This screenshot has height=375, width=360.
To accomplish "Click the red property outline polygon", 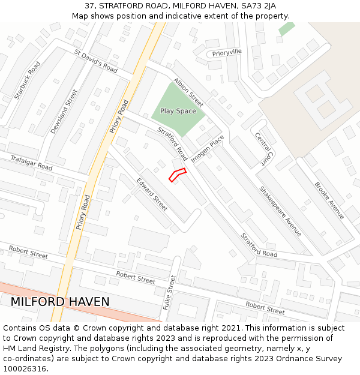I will (177, 175).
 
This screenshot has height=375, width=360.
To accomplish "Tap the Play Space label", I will (178, 111).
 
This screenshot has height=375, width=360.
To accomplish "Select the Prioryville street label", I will (227, 52).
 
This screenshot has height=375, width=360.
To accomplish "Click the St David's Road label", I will (95, 61).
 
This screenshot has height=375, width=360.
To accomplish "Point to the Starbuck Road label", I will (28, 80).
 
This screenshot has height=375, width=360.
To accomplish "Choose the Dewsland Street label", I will (64, 111).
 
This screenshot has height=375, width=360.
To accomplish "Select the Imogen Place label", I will (208, 149).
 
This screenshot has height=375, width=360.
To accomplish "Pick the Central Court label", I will (262, 149).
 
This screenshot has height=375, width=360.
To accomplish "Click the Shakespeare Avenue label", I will (280, 211).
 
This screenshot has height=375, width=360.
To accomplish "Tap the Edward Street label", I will (151, 194).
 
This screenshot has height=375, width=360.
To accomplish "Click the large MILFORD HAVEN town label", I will (60, 302).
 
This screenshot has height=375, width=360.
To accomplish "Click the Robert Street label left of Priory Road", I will (28, 252).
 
